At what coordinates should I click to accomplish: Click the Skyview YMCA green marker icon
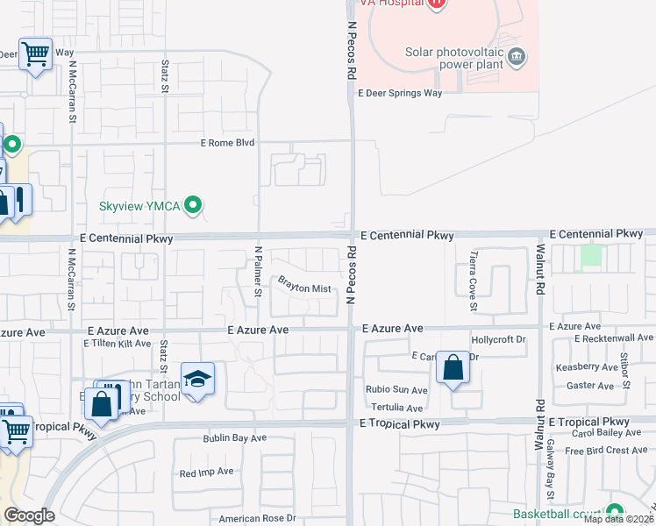pyautogui.click(x=194, y=206)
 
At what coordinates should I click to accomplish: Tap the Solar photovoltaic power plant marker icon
pyautogui.click(x=517, y=58)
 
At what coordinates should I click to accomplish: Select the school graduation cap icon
pyautogui.click(x=197, y=379)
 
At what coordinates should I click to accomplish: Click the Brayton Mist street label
pyautogui.click(x=304, y=287)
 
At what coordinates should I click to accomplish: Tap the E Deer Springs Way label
pyautogui.click(x=399, y=92)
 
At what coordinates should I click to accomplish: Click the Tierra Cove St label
pyautogui.click(x=473, y=281)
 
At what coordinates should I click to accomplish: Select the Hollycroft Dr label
pyautogui.click(x=498, y=338)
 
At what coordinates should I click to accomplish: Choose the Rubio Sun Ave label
pyautogui.click(x=396, y=390)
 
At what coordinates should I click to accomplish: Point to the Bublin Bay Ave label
pyautogui.click(x=234, y=437)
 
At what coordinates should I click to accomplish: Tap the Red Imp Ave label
pyautogui.click(x=206, y=472)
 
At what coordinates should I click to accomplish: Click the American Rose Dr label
pyautogui.click(x=258, y=518)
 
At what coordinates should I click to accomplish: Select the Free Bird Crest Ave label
pyautogui.click(x=606, y=451)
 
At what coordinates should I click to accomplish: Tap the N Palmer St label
pyautogui.click(x=259, y=271)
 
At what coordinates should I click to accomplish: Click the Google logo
pyautogui.click(x=29, y=515)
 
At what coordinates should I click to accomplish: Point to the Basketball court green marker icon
pyautogui.click(x=614, y=512)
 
